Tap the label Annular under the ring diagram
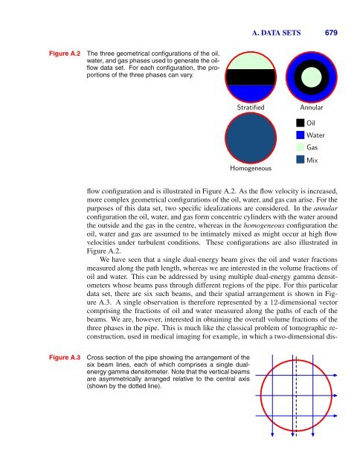tap(312, 109)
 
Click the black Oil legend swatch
tap(300, 123)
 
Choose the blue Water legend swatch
tap(300, 135)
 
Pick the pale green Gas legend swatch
tap(300, 147)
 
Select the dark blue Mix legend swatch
tap(300, 159)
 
